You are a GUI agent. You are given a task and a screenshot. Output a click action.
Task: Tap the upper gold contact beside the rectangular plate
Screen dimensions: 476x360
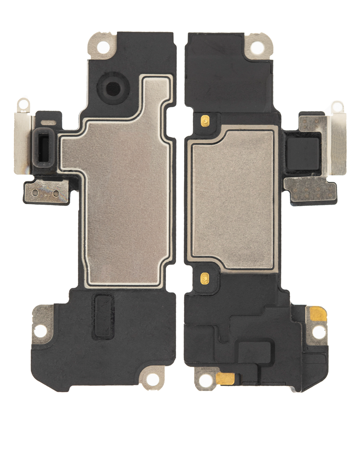[x=205, y=121]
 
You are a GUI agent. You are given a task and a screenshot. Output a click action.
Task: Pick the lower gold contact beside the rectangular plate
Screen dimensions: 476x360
[x=205, y=278]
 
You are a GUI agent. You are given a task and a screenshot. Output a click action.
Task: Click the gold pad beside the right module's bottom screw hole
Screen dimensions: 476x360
[x=225, y=379]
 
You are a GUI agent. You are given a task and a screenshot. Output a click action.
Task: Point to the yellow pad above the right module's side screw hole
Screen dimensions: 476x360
[x=318, y=313]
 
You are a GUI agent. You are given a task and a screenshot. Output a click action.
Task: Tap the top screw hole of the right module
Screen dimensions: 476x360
[x=257, y=47]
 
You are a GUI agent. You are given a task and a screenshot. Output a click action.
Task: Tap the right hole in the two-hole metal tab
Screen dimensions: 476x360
[x=56, y=193]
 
